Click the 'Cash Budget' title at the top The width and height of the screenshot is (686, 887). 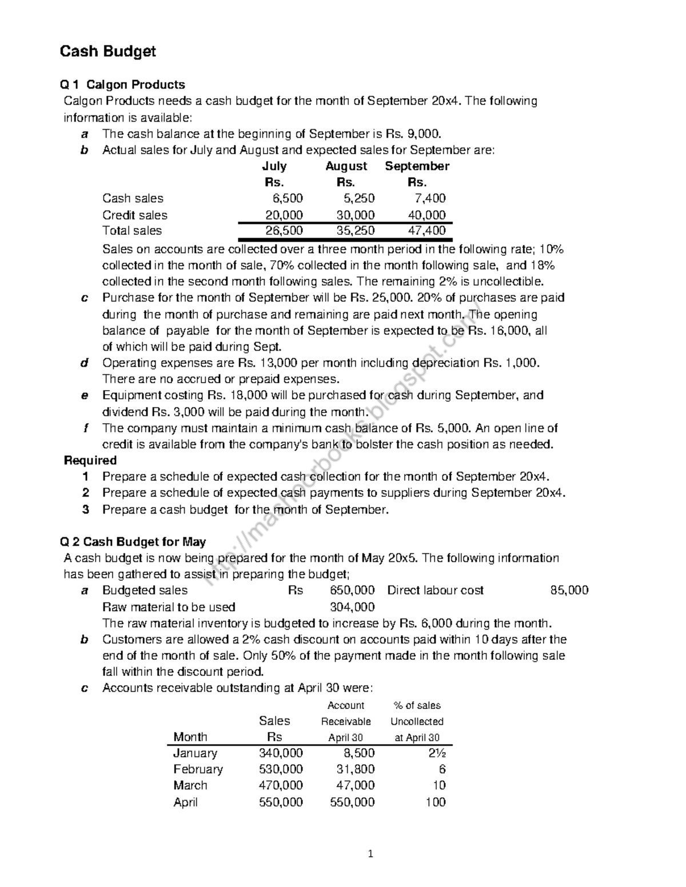108,52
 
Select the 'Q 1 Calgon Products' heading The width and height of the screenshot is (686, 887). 122,85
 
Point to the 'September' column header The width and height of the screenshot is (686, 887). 417,166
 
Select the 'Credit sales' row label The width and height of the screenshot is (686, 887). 135,215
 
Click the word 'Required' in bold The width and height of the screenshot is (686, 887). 90,460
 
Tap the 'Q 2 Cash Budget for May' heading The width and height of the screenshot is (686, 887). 133,541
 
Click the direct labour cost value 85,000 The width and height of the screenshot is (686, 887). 569,590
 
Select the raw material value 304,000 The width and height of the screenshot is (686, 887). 352,607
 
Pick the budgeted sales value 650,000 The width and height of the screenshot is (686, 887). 352,590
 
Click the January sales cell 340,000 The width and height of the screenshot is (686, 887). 281,753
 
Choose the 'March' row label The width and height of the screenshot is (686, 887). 190,785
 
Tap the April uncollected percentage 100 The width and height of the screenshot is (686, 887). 435,802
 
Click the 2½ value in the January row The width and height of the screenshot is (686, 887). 437,753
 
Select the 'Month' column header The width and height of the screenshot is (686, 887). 190,737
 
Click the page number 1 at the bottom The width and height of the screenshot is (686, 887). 370,854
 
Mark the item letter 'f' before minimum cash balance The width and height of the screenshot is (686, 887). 85,428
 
